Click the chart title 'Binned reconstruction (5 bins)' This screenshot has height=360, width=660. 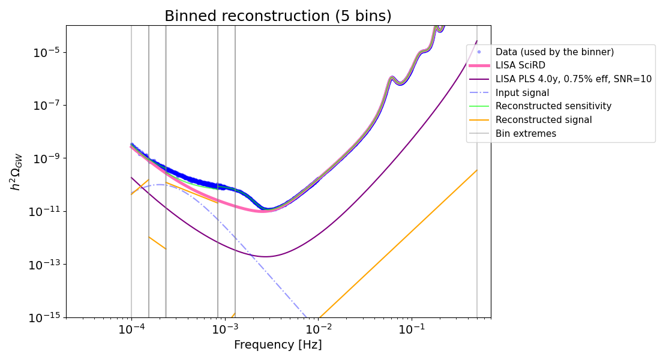[278, 16]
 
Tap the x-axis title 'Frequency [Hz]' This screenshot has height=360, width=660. [278, 345]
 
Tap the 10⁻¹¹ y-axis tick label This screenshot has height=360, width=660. [45, 211]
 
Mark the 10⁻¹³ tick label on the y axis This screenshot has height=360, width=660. [45, 265]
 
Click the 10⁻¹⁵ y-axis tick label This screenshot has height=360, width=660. [45, 317]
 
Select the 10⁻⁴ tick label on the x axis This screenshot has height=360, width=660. [131, 329]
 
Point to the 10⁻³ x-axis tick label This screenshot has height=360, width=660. [225, 329]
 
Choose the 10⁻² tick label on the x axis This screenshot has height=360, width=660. [319, 329]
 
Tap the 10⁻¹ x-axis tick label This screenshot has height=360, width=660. [412, 329]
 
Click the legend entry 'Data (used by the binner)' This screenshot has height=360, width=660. [554, 52]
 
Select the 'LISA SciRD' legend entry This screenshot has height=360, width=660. [520, 65]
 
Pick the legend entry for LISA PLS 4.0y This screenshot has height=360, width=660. [573, 79]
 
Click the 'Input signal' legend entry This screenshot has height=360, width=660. [522, 93]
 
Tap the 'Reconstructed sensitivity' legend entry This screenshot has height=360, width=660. [553, 106]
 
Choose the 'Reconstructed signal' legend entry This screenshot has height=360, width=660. [544, 120]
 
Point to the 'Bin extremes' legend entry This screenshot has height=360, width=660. [526, 134]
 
